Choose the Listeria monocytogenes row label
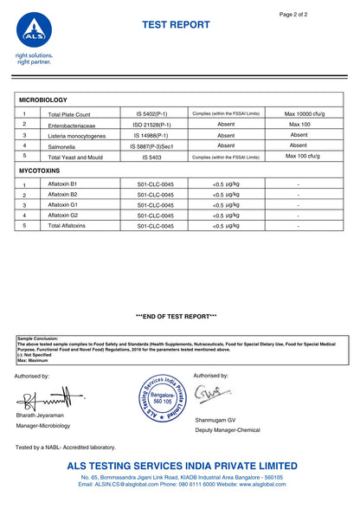[x=77, y=136]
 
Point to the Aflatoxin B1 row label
[x=63, y=185]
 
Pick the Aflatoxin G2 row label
[x=63, y=215]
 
